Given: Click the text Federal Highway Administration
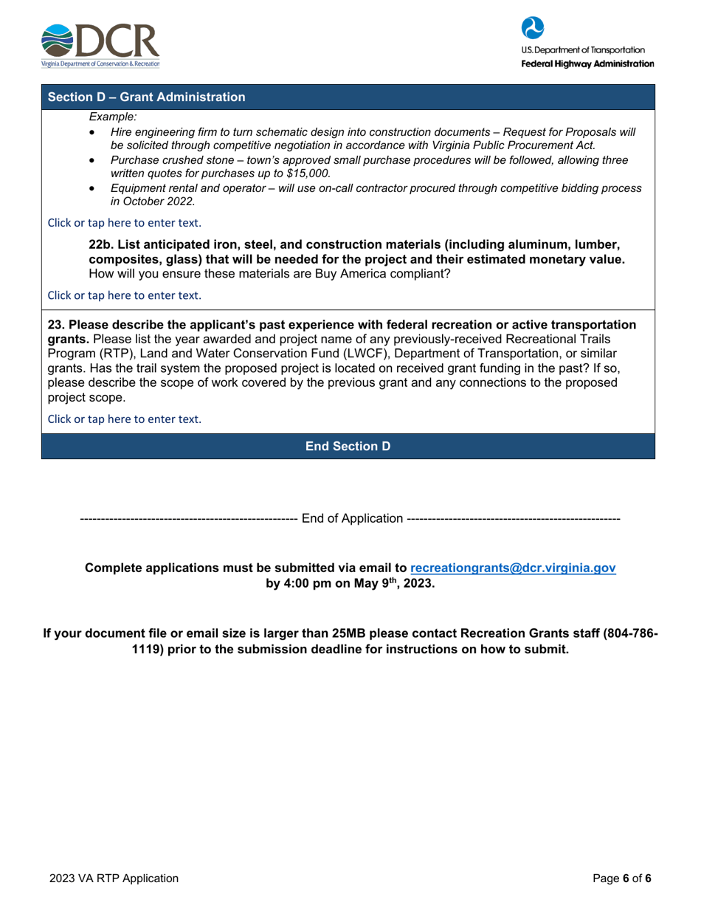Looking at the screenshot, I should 587,64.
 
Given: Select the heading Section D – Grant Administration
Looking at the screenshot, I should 146,97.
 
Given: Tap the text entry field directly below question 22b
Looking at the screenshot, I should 124,295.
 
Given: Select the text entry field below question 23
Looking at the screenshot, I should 124,419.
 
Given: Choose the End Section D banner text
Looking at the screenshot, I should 348,447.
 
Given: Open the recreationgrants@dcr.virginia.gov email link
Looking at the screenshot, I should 512,568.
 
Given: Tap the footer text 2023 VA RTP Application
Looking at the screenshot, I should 114,878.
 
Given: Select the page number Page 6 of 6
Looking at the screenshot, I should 622,878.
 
